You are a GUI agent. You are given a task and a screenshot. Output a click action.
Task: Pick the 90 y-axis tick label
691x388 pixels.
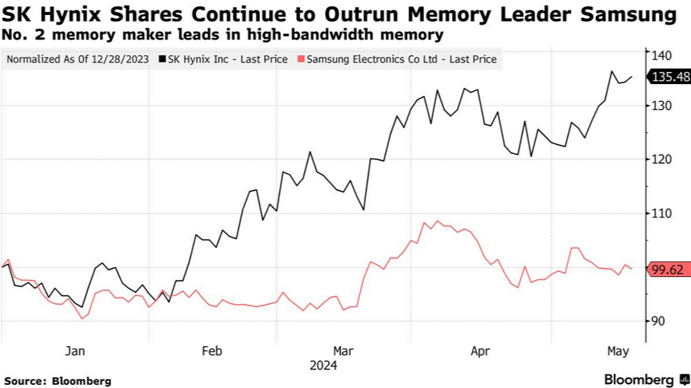pyautogui.click(x=660, y=321)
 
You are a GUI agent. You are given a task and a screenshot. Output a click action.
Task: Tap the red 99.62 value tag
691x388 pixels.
pyautogui.click(x=668, y=270)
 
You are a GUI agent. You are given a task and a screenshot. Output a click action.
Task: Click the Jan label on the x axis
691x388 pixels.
pyautogui.click(x=75, y=351)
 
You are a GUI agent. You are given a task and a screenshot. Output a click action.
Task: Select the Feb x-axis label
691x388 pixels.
pyautogui.click(x=212, y=351)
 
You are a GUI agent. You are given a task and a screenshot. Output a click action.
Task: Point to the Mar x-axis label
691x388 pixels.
pyautogui.click(x=343, y=351)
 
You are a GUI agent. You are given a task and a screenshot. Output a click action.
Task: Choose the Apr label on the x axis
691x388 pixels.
pyautogui.click(x=480, y=351)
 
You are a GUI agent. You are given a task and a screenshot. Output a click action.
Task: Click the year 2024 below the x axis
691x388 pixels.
pyautogui.click(x=324, y=366)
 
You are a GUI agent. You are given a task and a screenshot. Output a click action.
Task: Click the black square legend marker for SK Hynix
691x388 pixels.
pyautogui.click(x=163, y=60)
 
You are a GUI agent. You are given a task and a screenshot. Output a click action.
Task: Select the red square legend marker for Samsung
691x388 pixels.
pyautogui.click(x=300, y=60)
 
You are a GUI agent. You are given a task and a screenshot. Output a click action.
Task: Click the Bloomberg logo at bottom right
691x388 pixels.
pyautogui.click(x=646, y=380)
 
